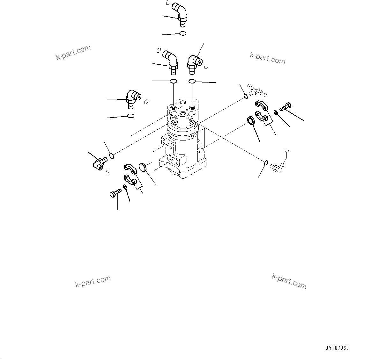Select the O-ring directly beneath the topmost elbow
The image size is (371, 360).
coord(182,33)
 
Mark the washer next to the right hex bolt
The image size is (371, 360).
coord(276,112)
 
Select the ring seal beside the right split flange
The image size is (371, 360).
coord(251,120)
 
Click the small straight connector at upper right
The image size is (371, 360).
coord(255,90)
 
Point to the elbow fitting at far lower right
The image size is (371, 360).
coord(277,167)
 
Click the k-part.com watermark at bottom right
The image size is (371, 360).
coord(289,281)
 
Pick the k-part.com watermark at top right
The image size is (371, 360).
coord(267,58)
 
